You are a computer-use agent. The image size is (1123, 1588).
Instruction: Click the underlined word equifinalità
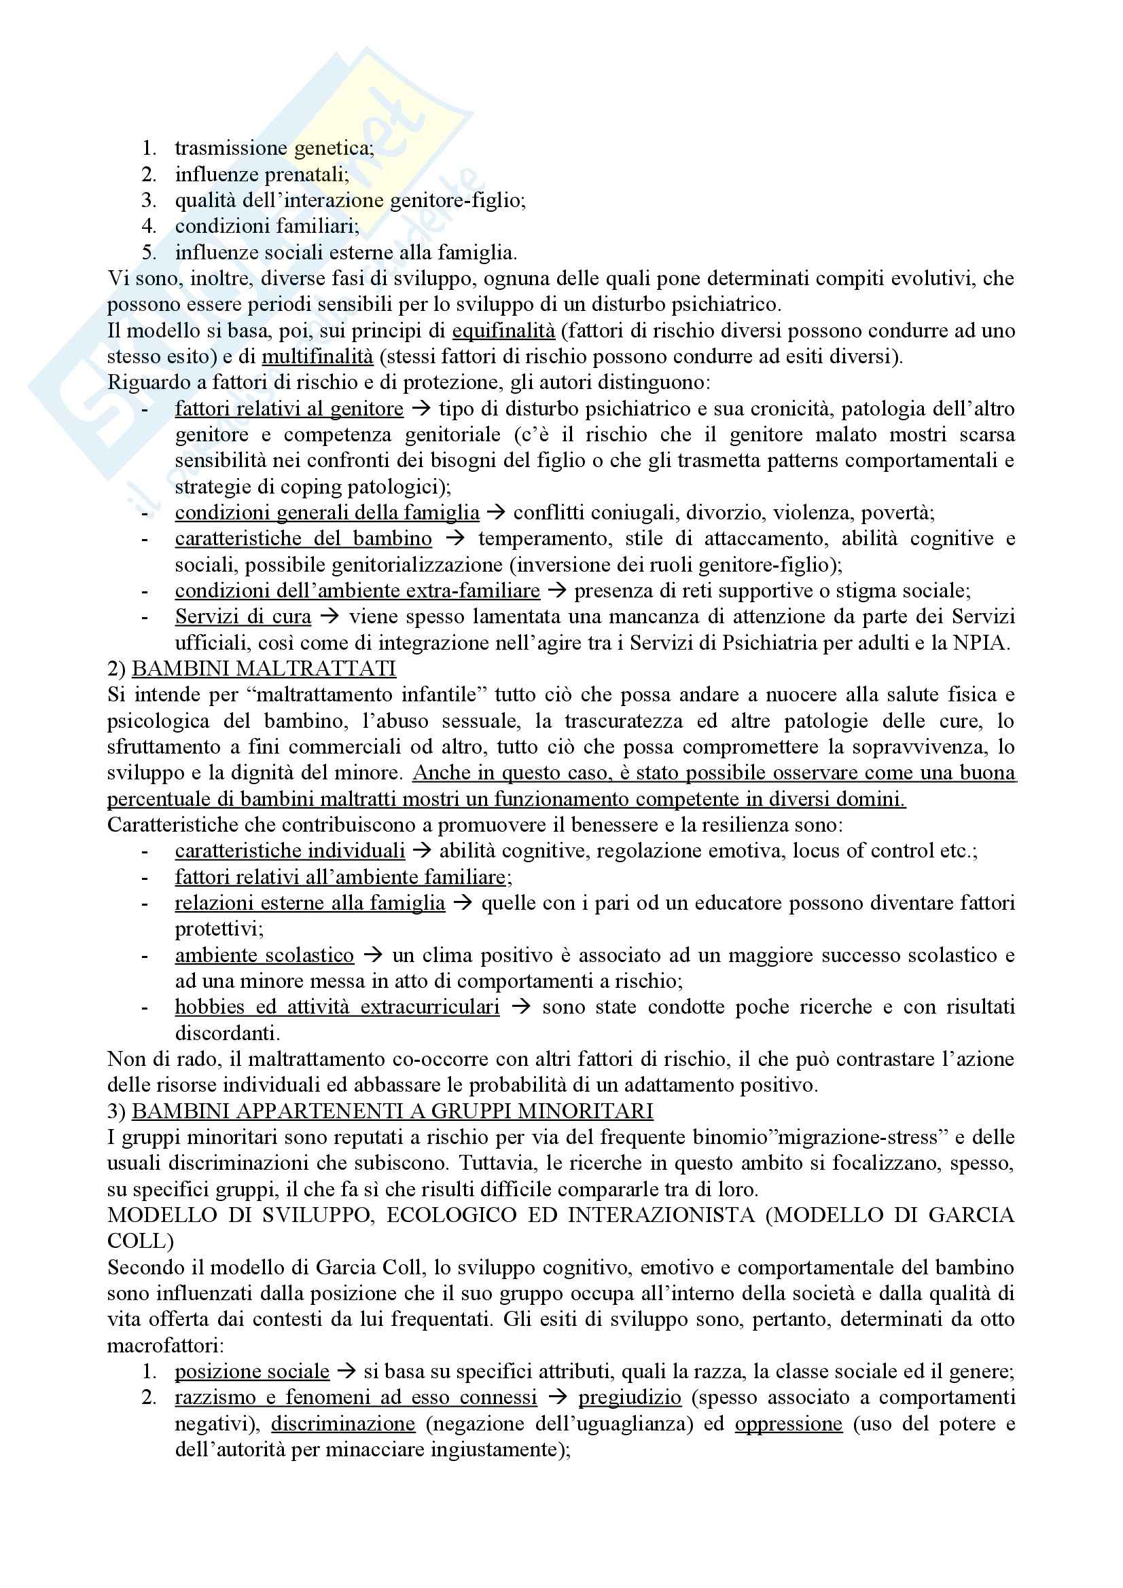click(503, 331)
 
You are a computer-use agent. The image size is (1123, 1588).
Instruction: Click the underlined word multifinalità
click(317, 357)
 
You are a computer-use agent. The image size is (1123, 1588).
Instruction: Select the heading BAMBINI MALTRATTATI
click(264, 669)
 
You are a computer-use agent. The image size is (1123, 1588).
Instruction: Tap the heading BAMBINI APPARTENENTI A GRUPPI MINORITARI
click(392, 1111)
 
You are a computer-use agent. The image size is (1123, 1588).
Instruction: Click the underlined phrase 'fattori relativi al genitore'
click(289, 409)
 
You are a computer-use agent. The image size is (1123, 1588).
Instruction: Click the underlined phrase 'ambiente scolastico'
click(264, 955)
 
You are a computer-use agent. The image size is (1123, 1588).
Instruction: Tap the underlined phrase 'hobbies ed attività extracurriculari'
click(337, 1007)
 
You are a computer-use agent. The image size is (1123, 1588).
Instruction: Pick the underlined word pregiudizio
click(630, 1398)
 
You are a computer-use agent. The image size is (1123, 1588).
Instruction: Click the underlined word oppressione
click(788, 1424)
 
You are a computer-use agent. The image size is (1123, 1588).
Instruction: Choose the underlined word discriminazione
click(343, 1424)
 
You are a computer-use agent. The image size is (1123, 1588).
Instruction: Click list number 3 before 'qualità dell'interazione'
click(149, 200)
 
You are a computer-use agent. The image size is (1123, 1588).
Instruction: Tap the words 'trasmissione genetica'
click(274, 148)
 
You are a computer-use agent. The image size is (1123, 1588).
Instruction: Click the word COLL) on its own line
click(141, 1241)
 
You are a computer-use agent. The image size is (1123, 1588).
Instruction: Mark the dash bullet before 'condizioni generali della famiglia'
click(145, 513)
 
